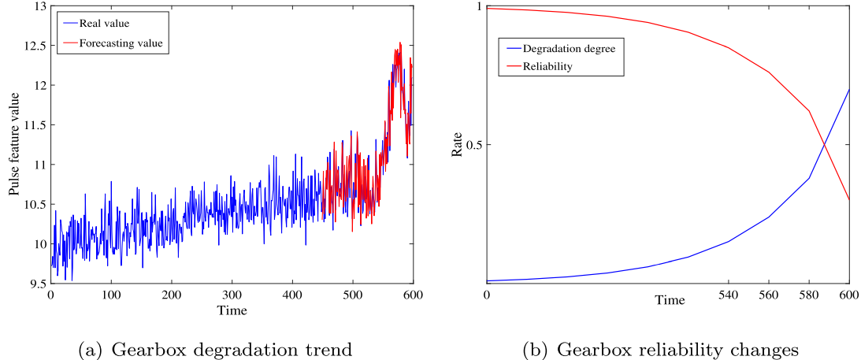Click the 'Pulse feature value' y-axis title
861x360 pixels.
(x=15, y=144)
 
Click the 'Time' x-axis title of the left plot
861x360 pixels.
(x=232, y=310)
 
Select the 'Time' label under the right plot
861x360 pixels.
(x=670, y=300)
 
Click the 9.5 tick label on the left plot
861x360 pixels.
(x=35, y=284)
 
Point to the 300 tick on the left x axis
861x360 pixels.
(x=232, y=295)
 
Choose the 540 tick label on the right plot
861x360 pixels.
(x=728, y=295)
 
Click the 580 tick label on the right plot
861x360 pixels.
(x=809, y=295)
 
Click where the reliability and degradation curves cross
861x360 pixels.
(x=825, y=144)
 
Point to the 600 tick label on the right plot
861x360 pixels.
(x=848, y=295)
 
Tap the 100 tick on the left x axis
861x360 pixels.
(x=111, y=295)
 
